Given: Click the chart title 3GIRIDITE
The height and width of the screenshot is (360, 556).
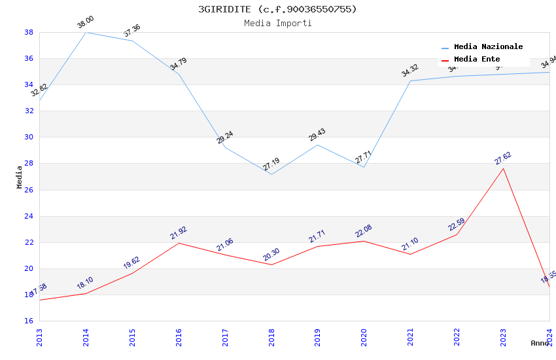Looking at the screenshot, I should [277, 9].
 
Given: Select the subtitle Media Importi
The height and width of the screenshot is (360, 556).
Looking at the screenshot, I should [277, 23].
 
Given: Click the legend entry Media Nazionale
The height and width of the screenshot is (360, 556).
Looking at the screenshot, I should [488, 46].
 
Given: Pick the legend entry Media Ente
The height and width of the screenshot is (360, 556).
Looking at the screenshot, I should [477, 59].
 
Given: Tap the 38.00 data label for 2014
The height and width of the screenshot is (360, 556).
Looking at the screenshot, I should [86, 23].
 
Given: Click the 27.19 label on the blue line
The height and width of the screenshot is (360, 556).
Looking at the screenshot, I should [271, 164].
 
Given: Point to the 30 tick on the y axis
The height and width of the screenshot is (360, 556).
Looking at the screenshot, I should [29, 137].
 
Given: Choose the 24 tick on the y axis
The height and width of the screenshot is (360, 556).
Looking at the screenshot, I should [29, 216].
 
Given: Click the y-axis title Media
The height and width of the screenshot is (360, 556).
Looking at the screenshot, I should [20, 177].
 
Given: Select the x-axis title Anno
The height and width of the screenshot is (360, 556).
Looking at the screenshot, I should [540, 343].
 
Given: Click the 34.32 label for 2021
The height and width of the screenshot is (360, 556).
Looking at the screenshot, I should [410, 71].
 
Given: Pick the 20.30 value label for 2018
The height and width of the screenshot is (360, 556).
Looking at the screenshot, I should [271, 255].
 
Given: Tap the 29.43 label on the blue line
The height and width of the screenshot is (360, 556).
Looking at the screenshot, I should [317, 135].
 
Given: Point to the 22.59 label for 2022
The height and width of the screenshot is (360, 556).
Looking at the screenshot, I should [457, 225].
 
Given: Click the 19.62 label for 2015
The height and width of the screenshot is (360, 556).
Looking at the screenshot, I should [131, 262].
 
